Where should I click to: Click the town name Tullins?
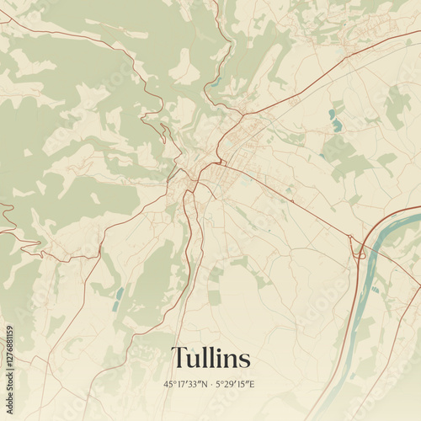point(210,359)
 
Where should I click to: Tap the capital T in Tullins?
point(179,359)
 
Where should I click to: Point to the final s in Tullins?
point(244,361)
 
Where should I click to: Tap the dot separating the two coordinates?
point(211,384)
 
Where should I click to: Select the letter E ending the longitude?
point(252,384)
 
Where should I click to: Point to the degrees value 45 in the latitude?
point(169,384)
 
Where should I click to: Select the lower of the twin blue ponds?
point(338,125)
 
